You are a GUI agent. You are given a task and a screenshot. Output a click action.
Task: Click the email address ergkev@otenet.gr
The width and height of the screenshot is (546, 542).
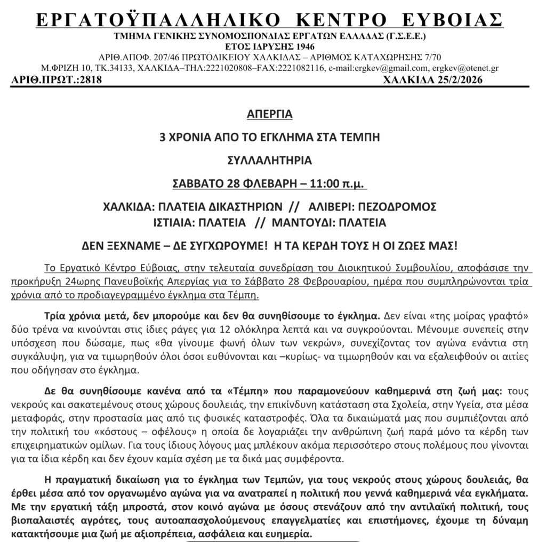[466, 68]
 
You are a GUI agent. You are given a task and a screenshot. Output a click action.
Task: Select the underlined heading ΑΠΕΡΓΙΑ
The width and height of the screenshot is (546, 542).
[270, 114]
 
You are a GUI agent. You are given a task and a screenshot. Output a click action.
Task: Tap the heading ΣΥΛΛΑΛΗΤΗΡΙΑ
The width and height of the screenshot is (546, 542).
[270, 161]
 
